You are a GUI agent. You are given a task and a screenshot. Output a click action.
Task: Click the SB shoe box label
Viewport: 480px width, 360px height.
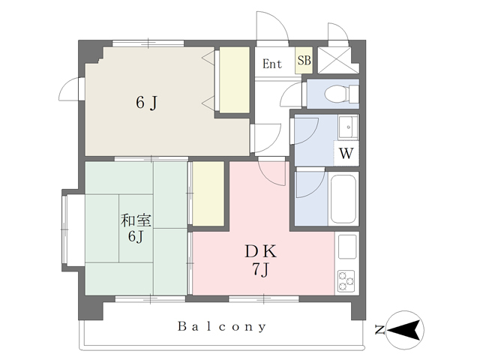tap(304, 61)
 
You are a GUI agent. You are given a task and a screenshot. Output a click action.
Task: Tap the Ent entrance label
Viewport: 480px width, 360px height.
tap(271, 64)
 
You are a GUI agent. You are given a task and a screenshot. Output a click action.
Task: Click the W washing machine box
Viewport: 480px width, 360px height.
tap(346, 153)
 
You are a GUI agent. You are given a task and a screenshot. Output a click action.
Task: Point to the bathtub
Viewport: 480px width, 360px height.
tap(343, 199)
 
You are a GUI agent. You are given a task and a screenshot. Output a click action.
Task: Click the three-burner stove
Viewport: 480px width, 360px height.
tap(346, 280)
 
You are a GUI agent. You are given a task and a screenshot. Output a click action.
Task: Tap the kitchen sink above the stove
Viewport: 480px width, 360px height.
tap(347, 247)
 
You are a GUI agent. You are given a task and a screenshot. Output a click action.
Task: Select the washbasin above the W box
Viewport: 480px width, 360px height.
tap(348, 127)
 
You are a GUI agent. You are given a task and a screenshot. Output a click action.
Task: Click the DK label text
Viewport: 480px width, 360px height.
tap(261, 252)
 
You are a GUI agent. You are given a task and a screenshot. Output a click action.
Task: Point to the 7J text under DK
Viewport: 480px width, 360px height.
tap(260, 270)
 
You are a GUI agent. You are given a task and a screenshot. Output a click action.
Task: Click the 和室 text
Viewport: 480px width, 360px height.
tap(136, 220)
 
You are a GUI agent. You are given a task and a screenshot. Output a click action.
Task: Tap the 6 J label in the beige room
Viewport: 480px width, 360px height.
tap(147, 103)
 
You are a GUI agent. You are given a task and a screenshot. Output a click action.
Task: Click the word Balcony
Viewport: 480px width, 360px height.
tap(222, 327)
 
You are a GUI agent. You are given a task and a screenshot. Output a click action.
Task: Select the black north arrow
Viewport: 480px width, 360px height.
tap(403, 330)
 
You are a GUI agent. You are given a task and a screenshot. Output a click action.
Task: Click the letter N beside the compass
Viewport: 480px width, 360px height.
tap(379, 330)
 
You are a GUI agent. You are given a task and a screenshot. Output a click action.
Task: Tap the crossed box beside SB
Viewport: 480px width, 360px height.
tap(338, 60)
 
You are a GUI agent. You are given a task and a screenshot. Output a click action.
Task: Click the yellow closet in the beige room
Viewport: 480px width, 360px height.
tap(235, 79)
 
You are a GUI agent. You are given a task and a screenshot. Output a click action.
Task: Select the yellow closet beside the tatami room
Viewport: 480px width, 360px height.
tap(208, 193)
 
